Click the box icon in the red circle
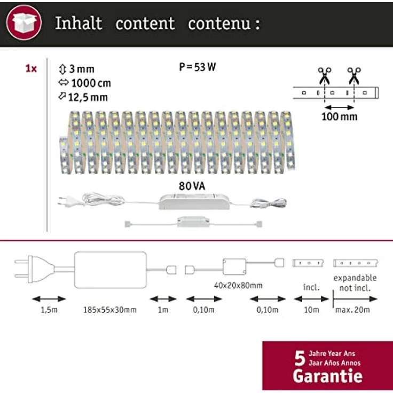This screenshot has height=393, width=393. tap(24, 22)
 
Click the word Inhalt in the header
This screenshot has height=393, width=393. tap(78, 23)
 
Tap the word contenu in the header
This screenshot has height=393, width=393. tap(219, 24)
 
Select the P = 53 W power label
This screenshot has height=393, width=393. tap(197, 67)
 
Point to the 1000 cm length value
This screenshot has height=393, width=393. tap(91, 83)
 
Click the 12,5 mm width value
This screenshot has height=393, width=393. tap(88, 97)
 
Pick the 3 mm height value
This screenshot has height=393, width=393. tap(82, 69)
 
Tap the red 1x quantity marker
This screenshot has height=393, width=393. tap(31, 68)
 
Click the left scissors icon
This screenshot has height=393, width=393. tap(325, 76)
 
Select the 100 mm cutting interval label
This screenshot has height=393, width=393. tap(340, 116)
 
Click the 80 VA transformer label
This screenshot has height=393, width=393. tap(192, 186)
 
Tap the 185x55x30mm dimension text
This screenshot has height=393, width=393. tap(110, 310)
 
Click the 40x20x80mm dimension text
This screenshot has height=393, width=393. tap(238, 286)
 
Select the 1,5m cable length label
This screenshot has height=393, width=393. tap(49, 310)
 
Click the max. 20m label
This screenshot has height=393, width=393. tap(352, 310)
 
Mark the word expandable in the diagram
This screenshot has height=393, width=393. tap(355, 278)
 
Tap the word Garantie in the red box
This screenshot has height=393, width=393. tap(327, 376)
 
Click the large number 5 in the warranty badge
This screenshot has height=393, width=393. tap(300, 358)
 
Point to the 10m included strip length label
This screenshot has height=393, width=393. tap(311, 310)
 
